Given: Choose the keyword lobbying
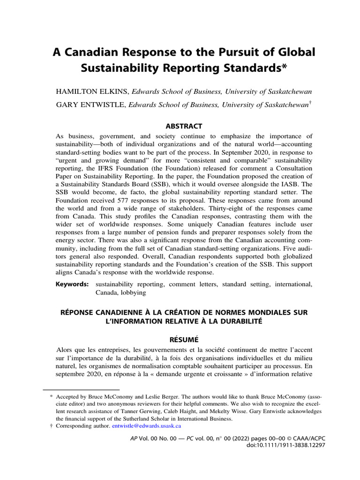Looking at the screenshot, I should point(132,292).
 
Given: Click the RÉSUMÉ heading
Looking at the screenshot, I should point(180,338).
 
